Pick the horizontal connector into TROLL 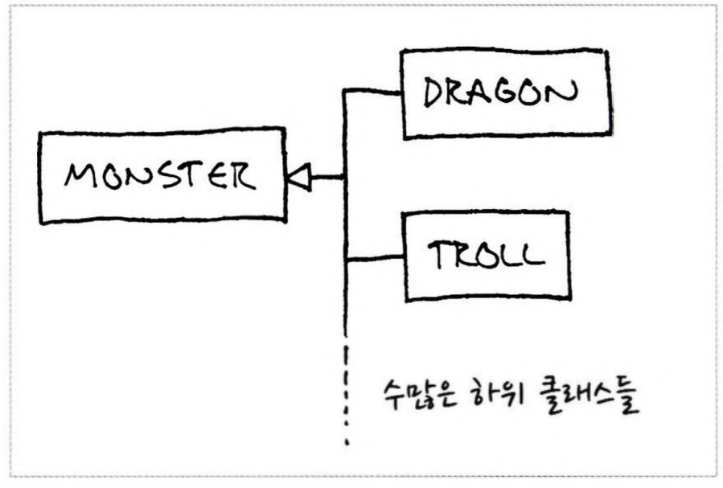(373, 259)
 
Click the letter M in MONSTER (79, 175)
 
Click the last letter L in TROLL (532, 256)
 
